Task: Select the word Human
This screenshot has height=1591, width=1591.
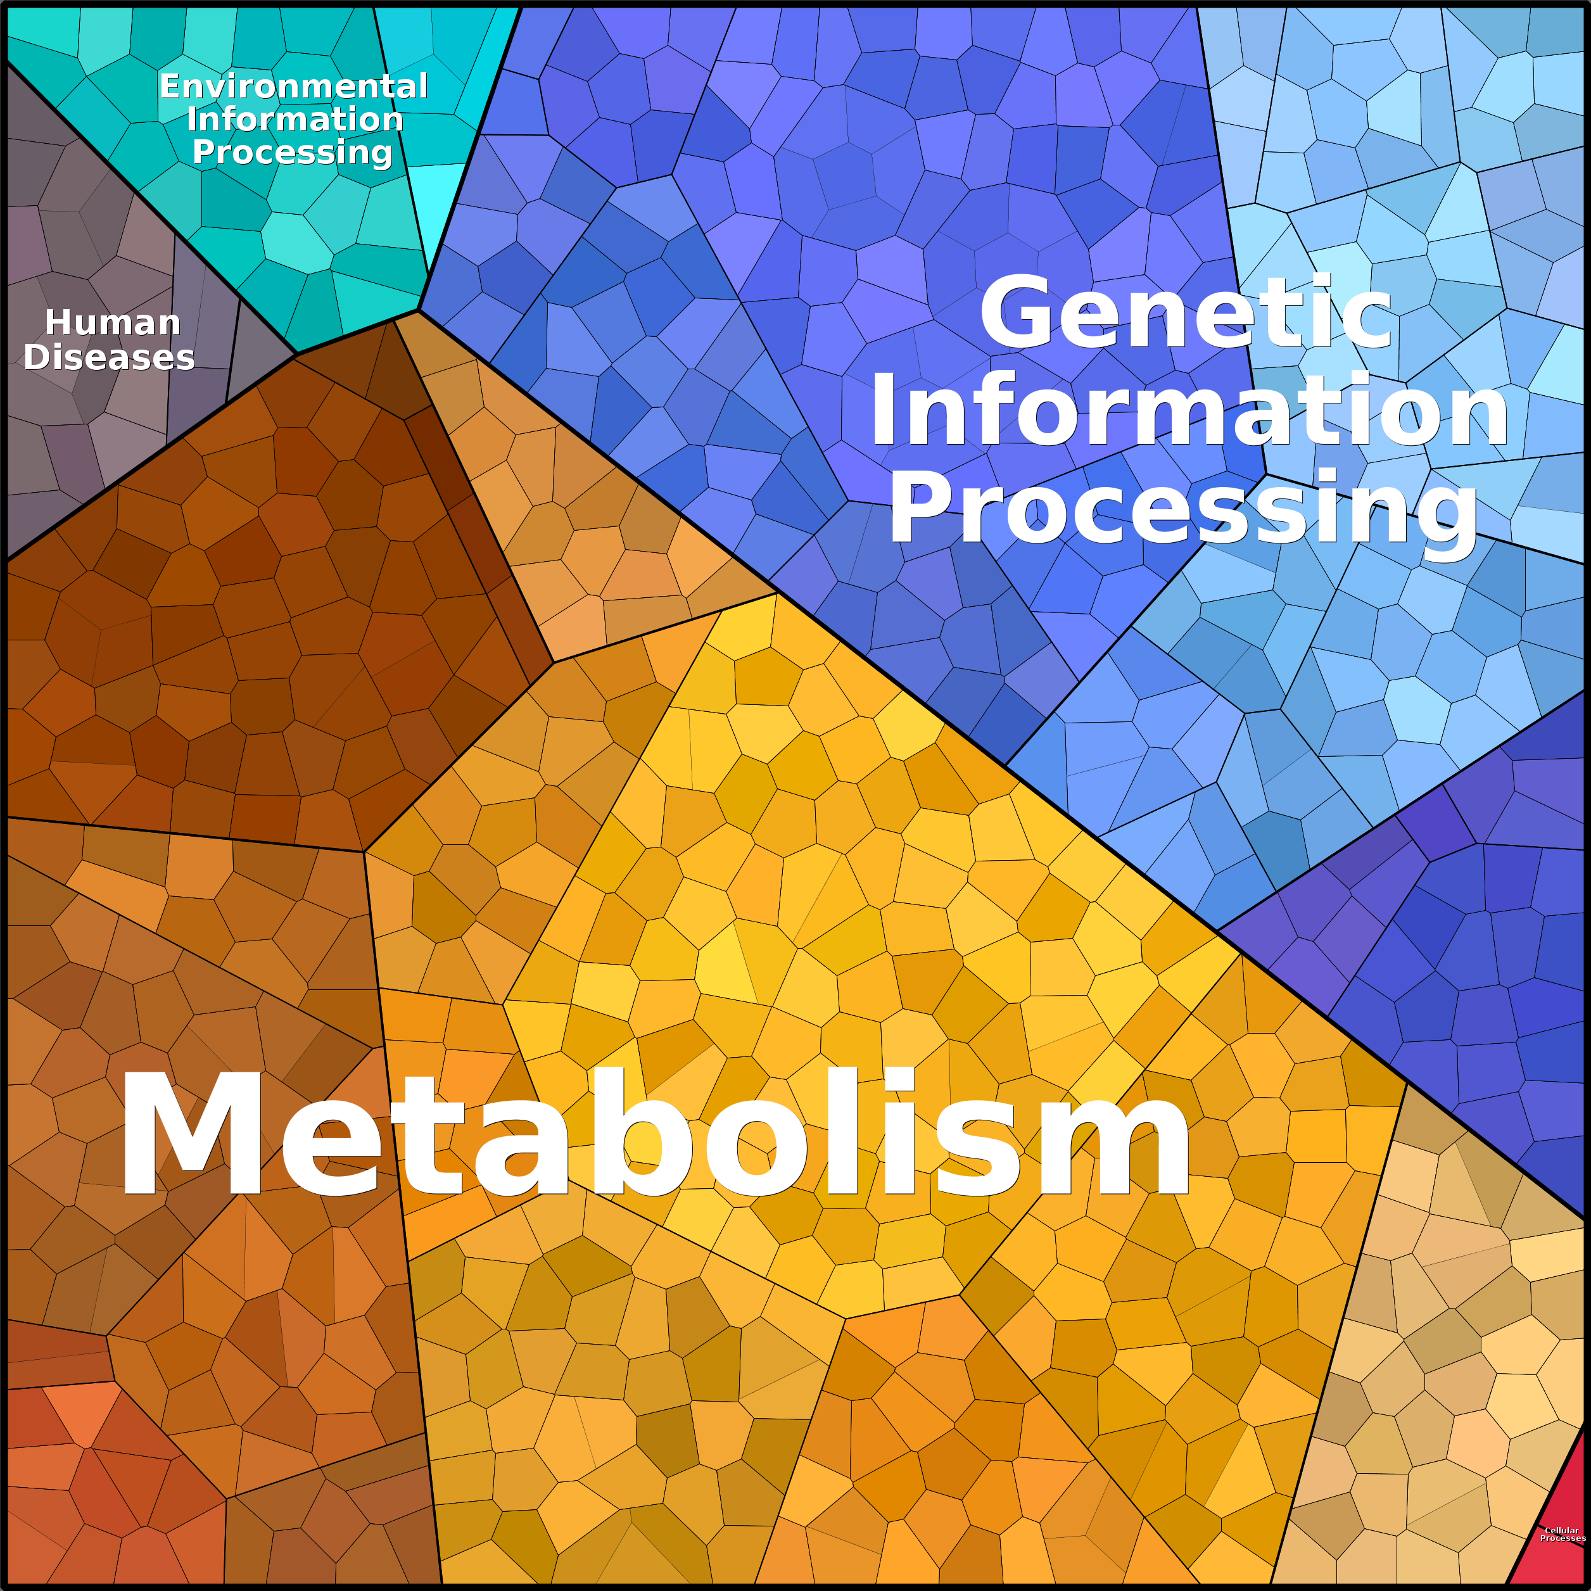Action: [113, 323]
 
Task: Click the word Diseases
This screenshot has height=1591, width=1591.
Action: [109, 357]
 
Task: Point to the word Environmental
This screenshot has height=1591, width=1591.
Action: [293, 87]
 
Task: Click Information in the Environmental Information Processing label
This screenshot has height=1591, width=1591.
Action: [295, 120]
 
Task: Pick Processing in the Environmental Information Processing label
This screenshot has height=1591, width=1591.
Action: [293, 153]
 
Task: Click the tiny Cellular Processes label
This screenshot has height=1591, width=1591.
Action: [1562, 1534]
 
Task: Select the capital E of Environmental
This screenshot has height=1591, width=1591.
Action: [170, 87]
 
